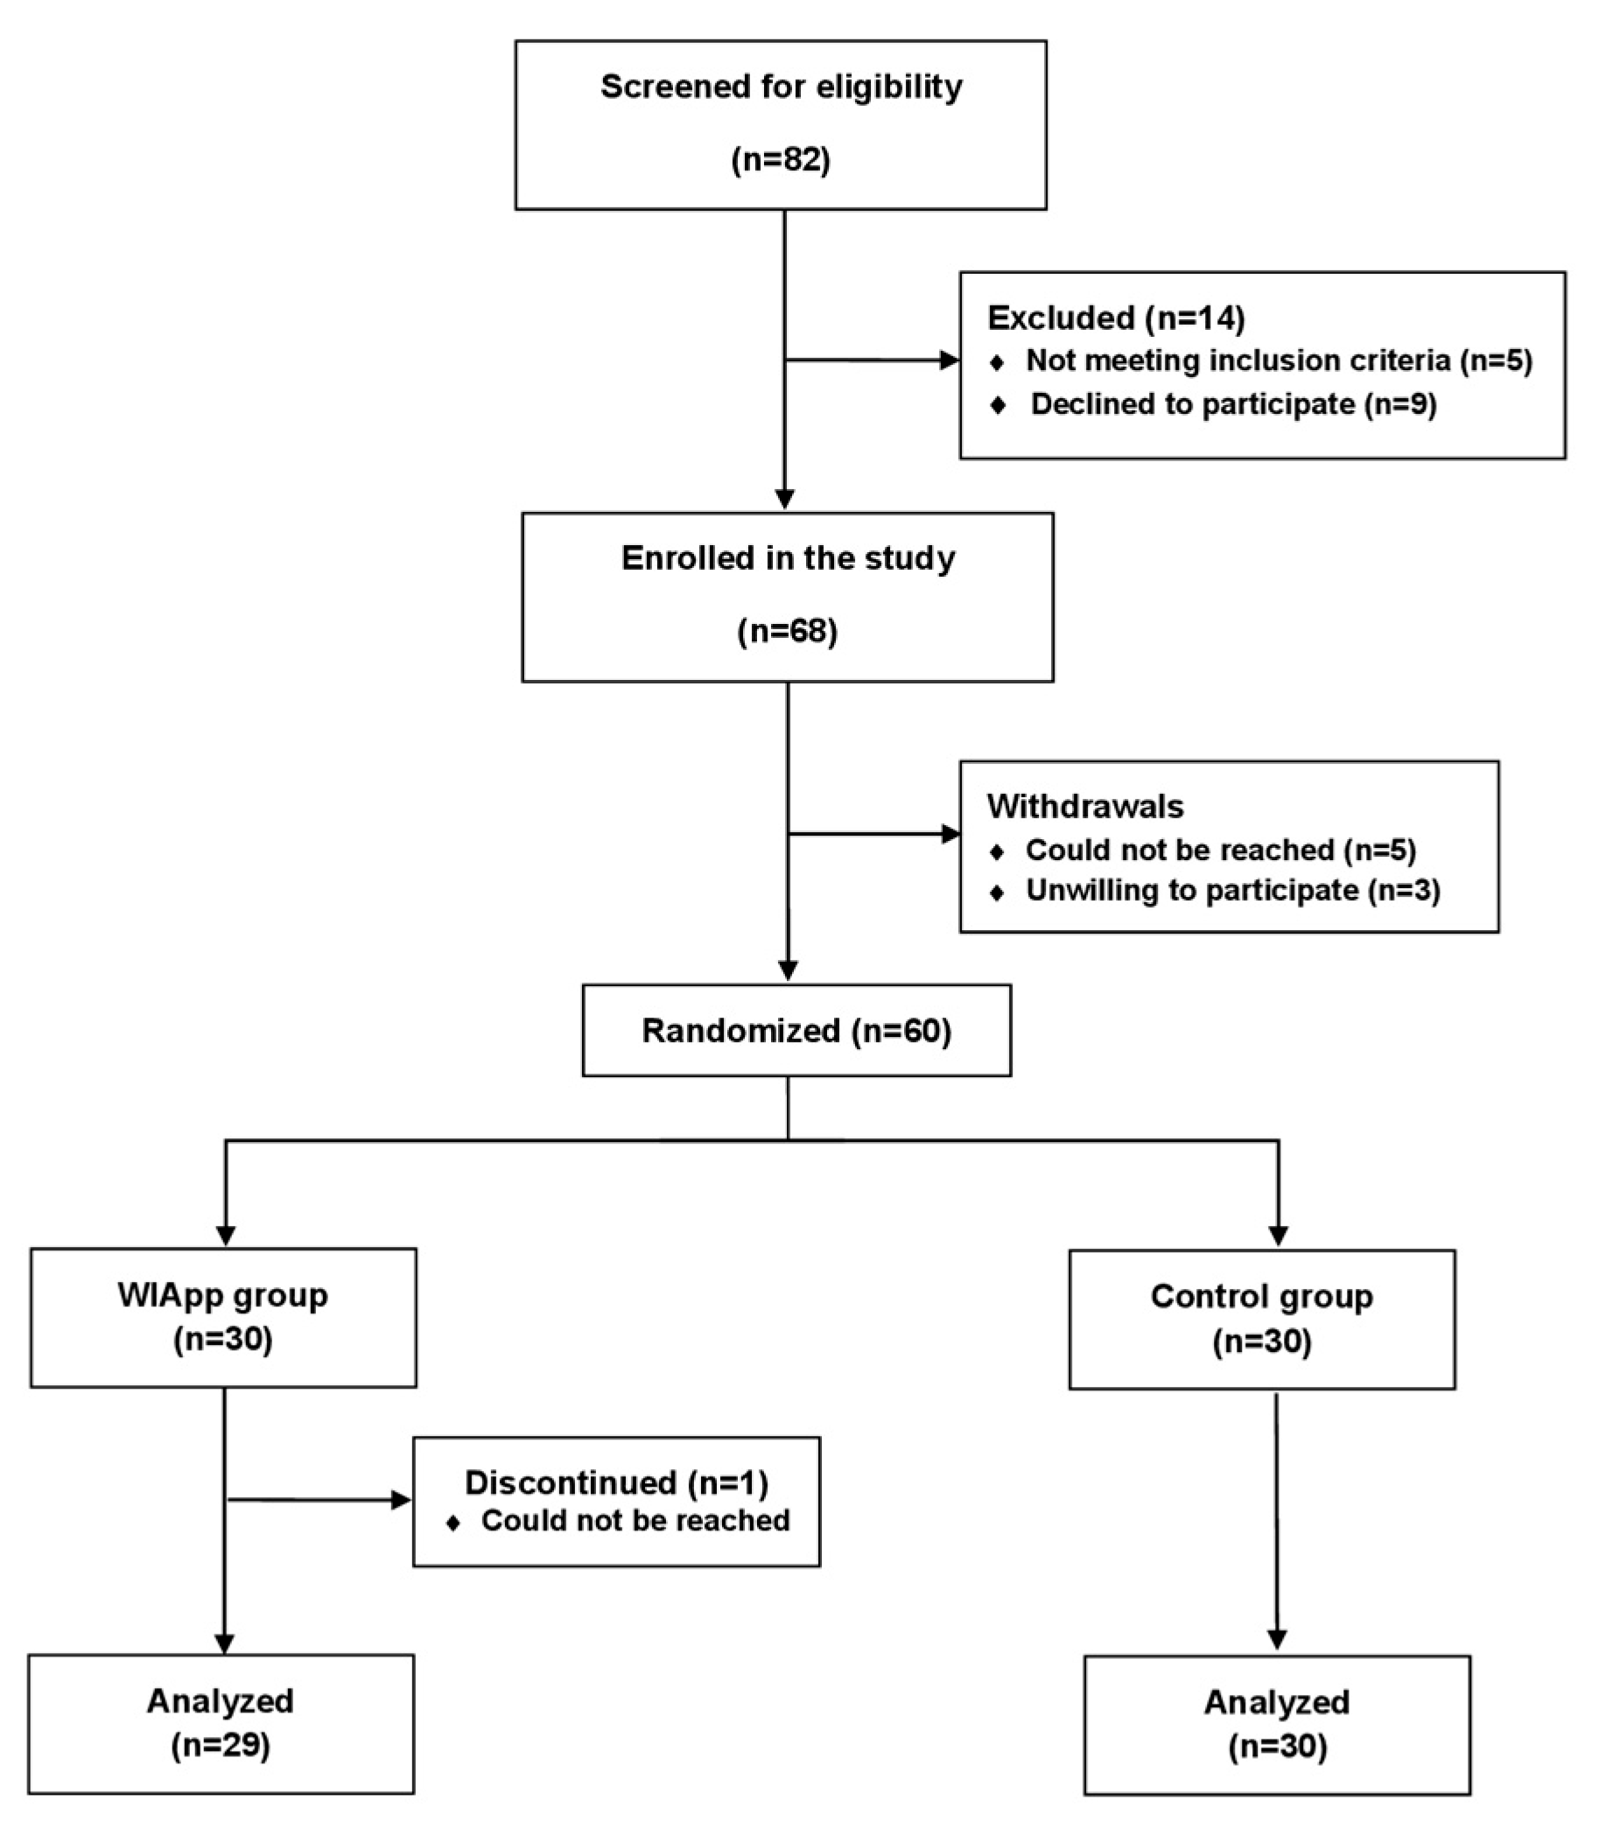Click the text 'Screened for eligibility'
point(782,87)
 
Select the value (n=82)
point(781,159)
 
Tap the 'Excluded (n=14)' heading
point(1116,317)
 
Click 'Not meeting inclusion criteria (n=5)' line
point(1280,360)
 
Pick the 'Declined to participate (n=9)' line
point(1234,403)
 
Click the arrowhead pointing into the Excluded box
point(950,360)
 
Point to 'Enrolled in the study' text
point(788,557)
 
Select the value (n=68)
point(788,631)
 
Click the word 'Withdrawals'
point(1085,805)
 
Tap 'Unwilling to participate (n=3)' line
point(1233,889)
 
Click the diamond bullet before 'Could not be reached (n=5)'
point(997,851)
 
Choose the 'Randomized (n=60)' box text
point(796,1030)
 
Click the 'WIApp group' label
point(222,1294)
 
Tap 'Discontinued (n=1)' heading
point(616,1481)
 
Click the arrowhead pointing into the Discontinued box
point(402,1500)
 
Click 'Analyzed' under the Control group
point(1277,1702)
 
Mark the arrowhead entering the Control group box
point(1279,1236)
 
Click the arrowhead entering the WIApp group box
point(226,1236)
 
